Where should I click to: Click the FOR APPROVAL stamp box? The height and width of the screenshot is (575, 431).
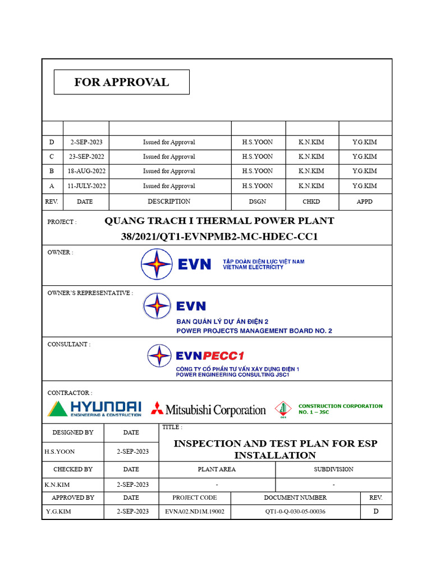pos(121,82)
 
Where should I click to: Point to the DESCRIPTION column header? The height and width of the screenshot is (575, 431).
pos(169,202)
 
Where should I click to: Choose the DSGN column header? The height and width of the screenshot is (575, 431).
pos(258,202)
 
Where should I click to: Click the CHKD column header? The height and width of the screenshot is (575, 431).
pos(311,202)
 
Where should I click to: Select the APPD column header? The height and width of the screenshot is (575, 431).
pos(364,202)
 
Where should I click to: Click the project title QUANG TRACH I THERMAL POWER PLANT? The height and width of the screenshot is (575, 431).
pos(219,221)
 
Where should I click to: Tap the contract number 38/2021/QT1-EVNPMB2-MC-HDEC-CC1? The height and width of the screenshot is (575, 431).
pos(219,237)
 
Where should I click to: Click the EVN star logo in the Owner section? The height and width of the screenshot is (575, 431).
pos(157,264)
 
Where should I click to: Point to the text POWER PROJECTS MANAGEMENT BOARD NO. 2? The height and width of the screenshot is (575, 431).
pos(254,331)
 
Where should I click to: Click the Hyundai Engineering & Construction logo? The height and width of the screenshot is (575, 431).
pos(94,408)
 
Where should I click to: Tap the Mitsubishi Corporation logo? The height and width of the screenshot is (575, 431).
pos(208,409)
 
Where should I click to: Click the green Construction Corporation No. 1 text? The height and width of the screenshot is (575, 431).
pos(340,409)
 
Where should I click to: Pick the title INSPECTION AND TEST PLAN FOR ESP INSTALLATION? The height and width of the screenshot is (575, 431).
pos(275,449)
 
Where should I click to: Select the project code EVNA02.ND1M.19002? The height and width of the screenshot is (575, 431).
pos(194,512)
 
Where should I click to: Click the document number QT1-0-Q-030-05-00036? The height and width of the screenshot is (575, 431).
pos(295,512)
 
